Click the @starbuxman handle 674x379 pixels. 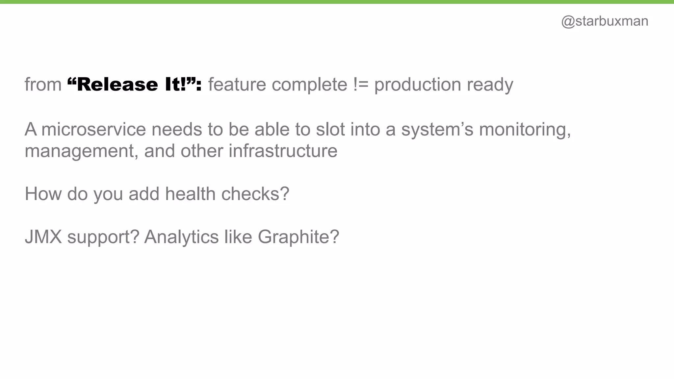(x=605, y=21)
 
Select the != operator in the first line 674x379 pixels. (x=361, y=85)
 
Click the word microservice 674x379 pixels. (x=94, y=129)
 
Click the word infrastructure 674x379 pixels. (x=283, y=151)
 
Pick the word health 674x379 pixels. (x=190, y=194)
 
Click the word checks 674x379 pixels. (x=255, y=194)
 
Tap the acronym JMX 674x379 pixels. (x=43, y=237)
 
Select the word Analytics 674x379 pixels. (x=181, y=237)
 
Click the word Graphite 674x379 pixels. (x=298, y=237)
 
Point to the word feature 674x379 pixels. (x=237, y=85)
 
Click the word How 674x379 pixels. (x=43, y=194)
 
